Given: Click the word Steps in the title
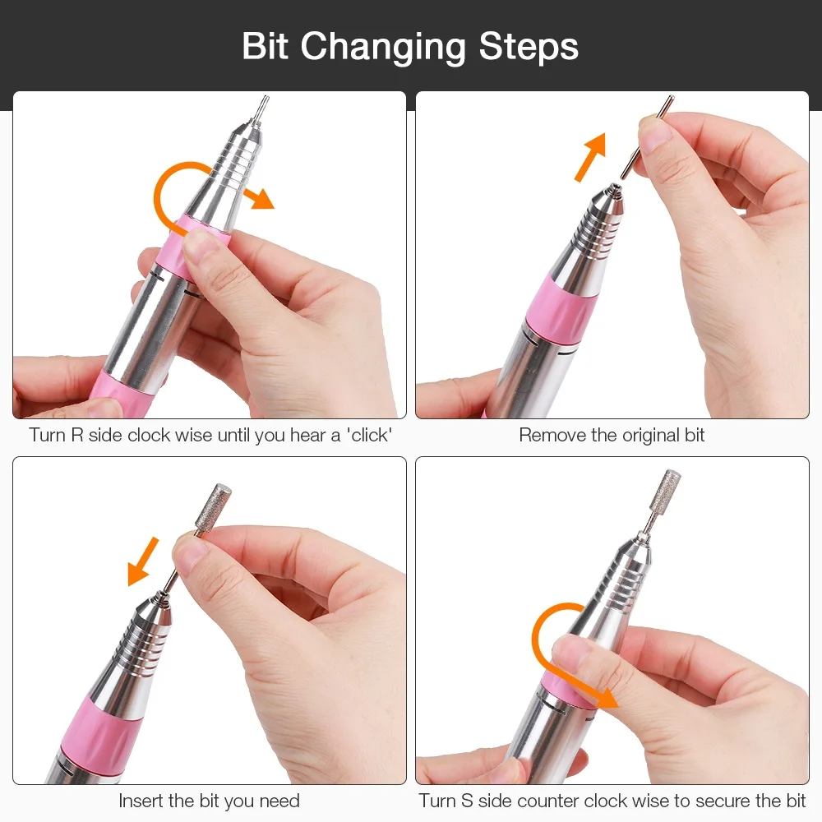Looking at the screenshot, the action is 529,46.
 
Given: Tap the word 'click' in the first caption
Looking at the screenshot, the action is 369,435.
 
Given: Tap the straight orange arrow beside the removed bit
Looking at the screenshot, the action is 591,157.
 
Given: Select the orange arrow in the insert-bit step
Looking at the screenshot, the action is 143,561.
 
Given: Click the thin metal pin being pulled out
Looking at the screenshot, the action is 647,137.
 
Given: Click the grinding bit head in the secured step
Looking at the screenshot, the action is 665,490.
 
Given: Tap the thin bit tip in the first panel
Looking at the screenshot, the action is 261,108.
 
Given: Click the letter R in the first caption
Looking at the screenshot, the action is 76,435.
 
